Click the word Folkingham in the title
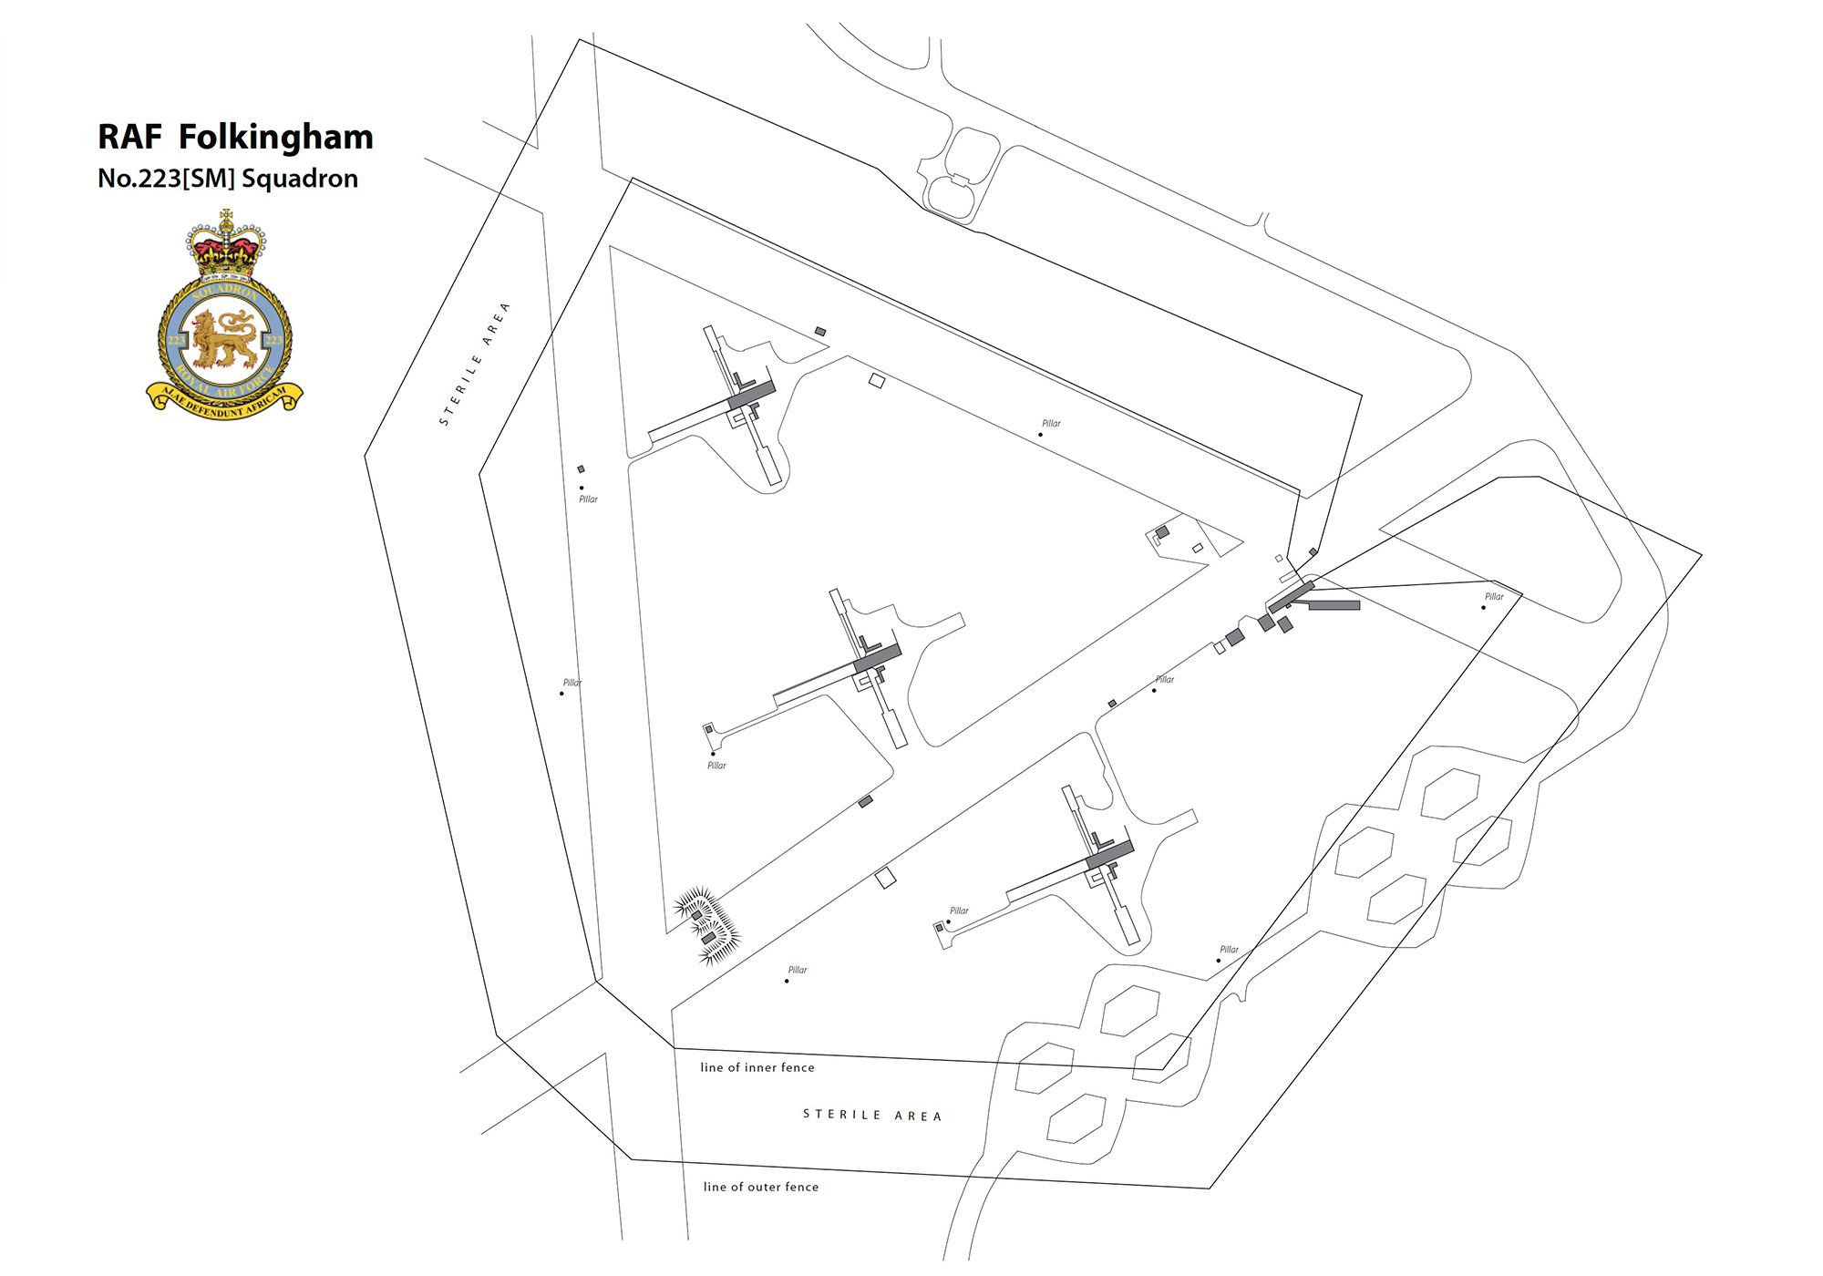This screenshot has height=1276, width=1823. [x=275, y=138]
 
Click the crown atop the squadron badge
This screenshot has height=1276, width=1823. [x=225, y=243]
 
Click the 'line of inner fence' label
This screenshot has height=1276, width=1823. [x=757, y=1067]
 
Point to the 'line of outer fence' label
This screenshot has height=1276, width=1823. [x=760, y=1187]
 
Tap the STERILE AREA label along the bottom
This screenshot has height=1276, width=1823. [x=871, y=1115]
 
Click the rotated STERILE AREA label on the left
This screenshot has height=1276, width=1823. [x=474, y=365]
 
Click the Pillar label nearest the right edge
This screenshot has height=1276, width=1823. [x=1494, y=597]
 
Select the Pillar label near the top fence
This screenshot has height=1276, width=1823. [x=1051, y=424]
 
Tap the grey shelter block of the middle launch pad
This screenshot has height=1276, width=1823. [x=877, y=658]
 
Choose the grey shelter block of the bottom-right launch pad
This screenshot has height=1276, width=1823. [x=1109, y=856]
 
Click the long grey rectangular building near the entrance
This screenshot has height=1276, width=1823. [x=1334, y=605]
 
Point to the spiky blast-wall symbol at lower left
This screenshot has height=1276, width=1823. [x=706, y=925]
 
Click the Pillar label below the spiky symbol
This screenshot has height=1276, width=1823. [x=797, y=970]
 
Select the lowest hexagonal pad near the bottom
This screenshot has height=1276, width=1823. [x=1076, y=1119]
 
